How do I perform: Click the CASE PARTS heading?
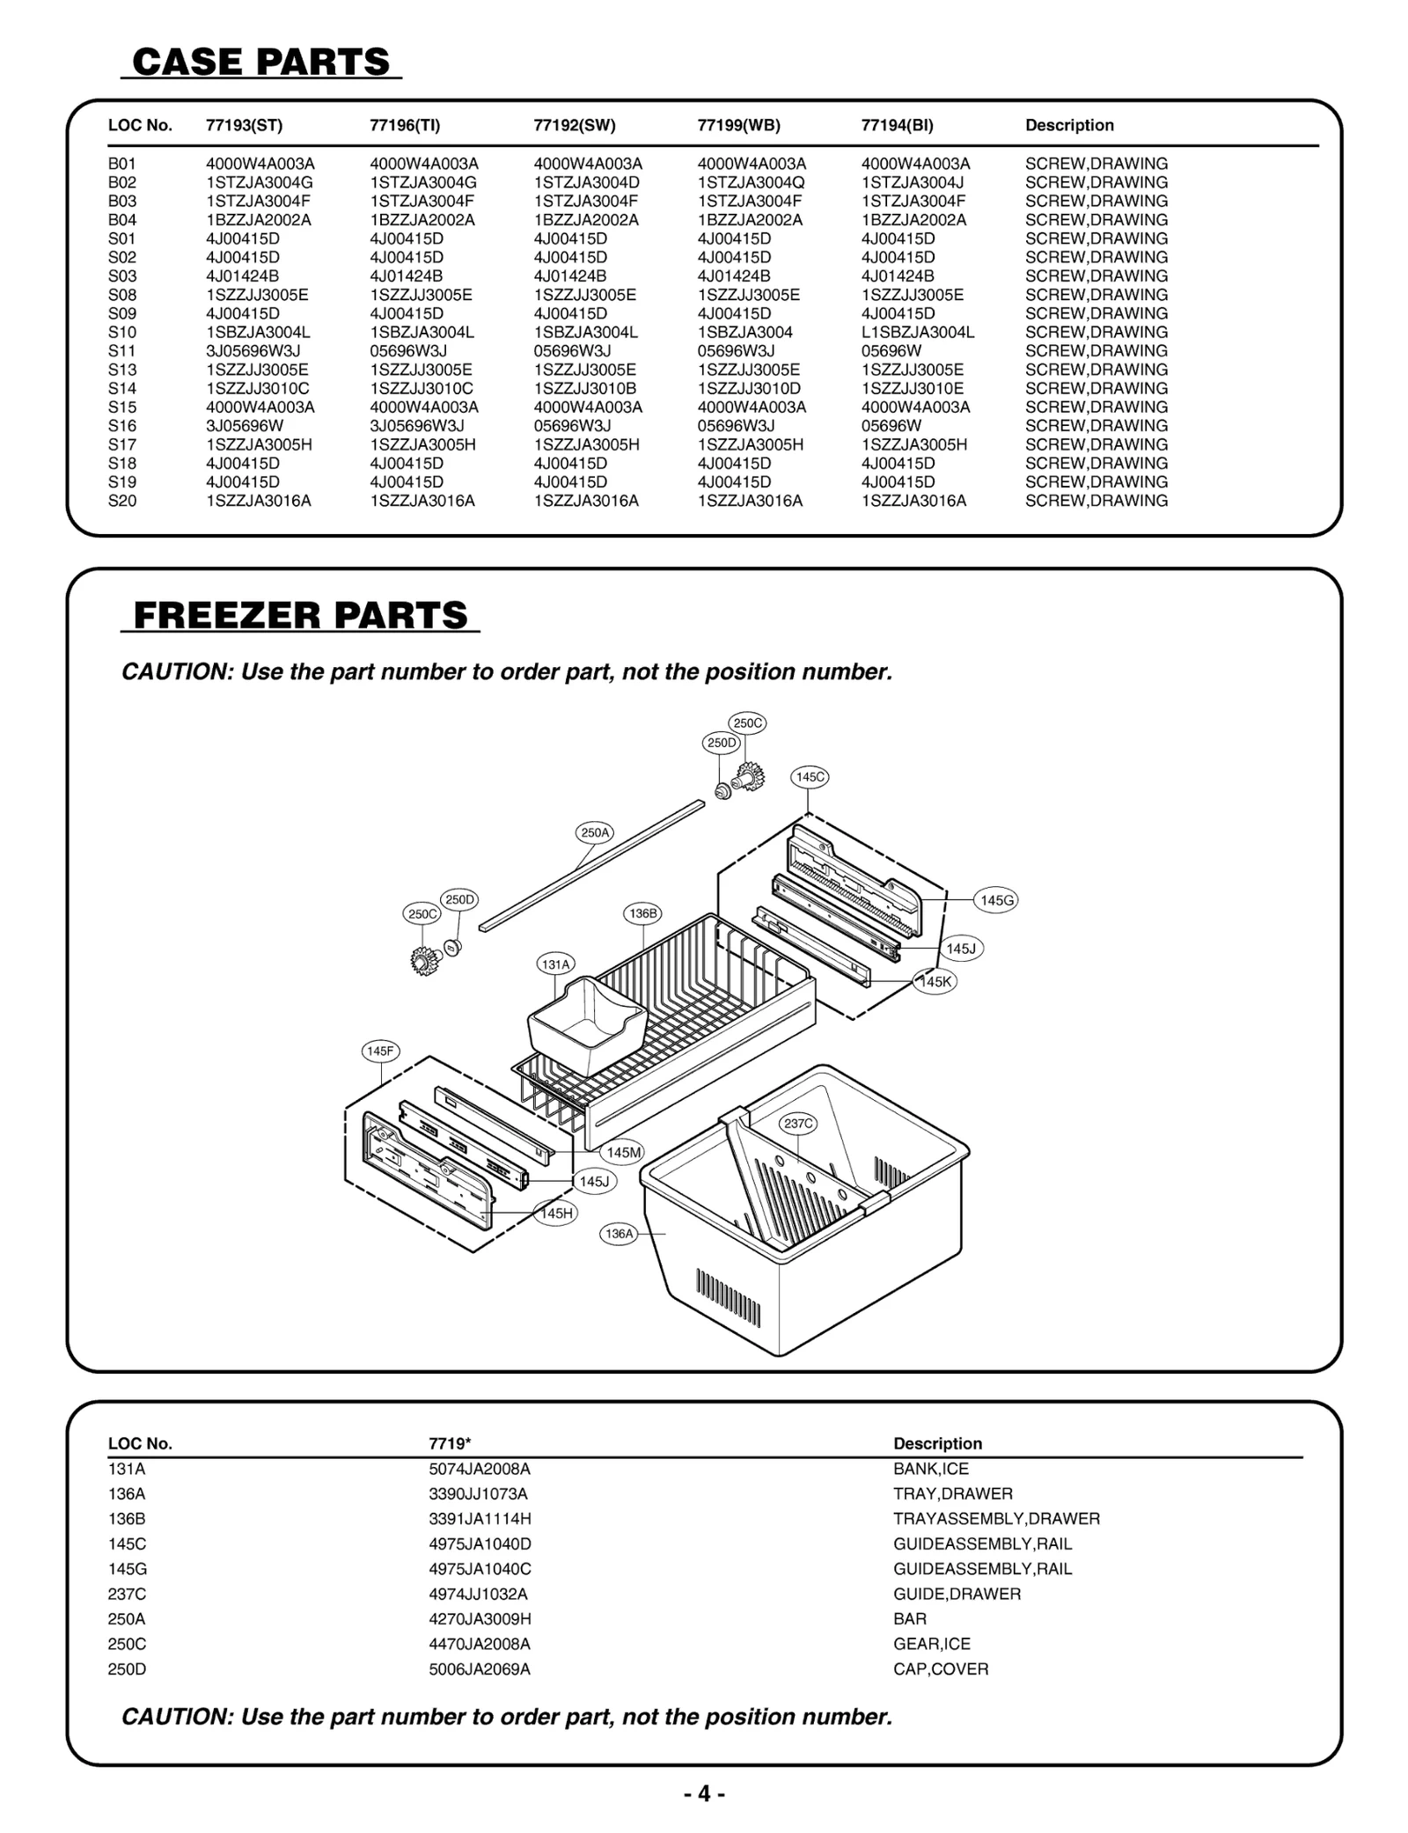pos(260,62)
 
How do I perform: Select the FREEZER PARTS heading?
pos(300,614)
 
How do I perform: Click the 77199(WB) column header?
pos(738,125)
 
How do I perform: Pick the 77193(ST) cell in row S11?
pos(253,351)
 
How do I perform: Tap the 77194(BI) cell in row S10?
pos(918,333)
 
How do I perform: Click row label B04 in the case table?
pos(122,220)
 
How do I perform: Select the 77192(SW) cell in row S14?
pos(584,388)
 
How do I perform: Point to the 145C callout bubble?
pos(810,777)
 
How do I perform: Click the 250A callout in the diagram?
pos(595,832)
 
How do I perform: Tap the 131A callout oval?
pos(555,964)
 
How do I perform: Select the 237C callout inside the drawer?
pos(798,1124)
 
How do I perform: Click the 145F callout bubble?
pos(380,1051)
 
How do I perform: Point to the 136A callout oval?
pos(619,1234)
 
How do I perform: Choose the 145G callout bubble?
pos(997,900)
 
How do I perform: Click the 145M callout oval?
pos(624,1152)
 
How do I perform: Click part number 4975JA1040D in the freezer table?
pos(480,1543)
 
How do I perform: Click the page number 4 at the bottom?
pos(704,1793)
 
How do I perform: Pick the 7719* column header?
pos(450,1443)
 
